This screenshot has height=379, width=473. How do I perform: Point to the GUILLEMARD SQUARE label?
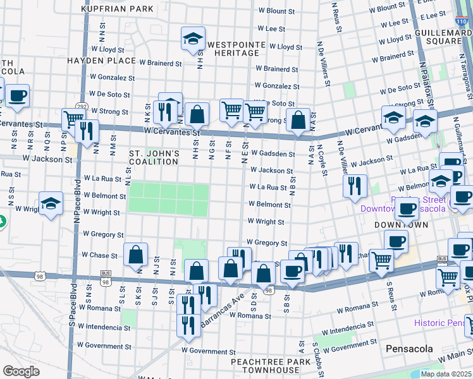pos(438,36)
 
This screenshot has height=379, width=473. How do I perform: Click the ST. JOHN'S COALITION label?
pos(154,157)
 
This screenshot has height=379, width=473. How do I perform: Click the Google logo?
pos(21,371)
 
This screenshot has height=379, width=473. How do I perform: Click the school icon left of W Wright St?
pos(51,204)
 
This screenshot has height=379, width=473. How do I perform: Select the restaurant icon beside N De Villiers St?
pos(355,186)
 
